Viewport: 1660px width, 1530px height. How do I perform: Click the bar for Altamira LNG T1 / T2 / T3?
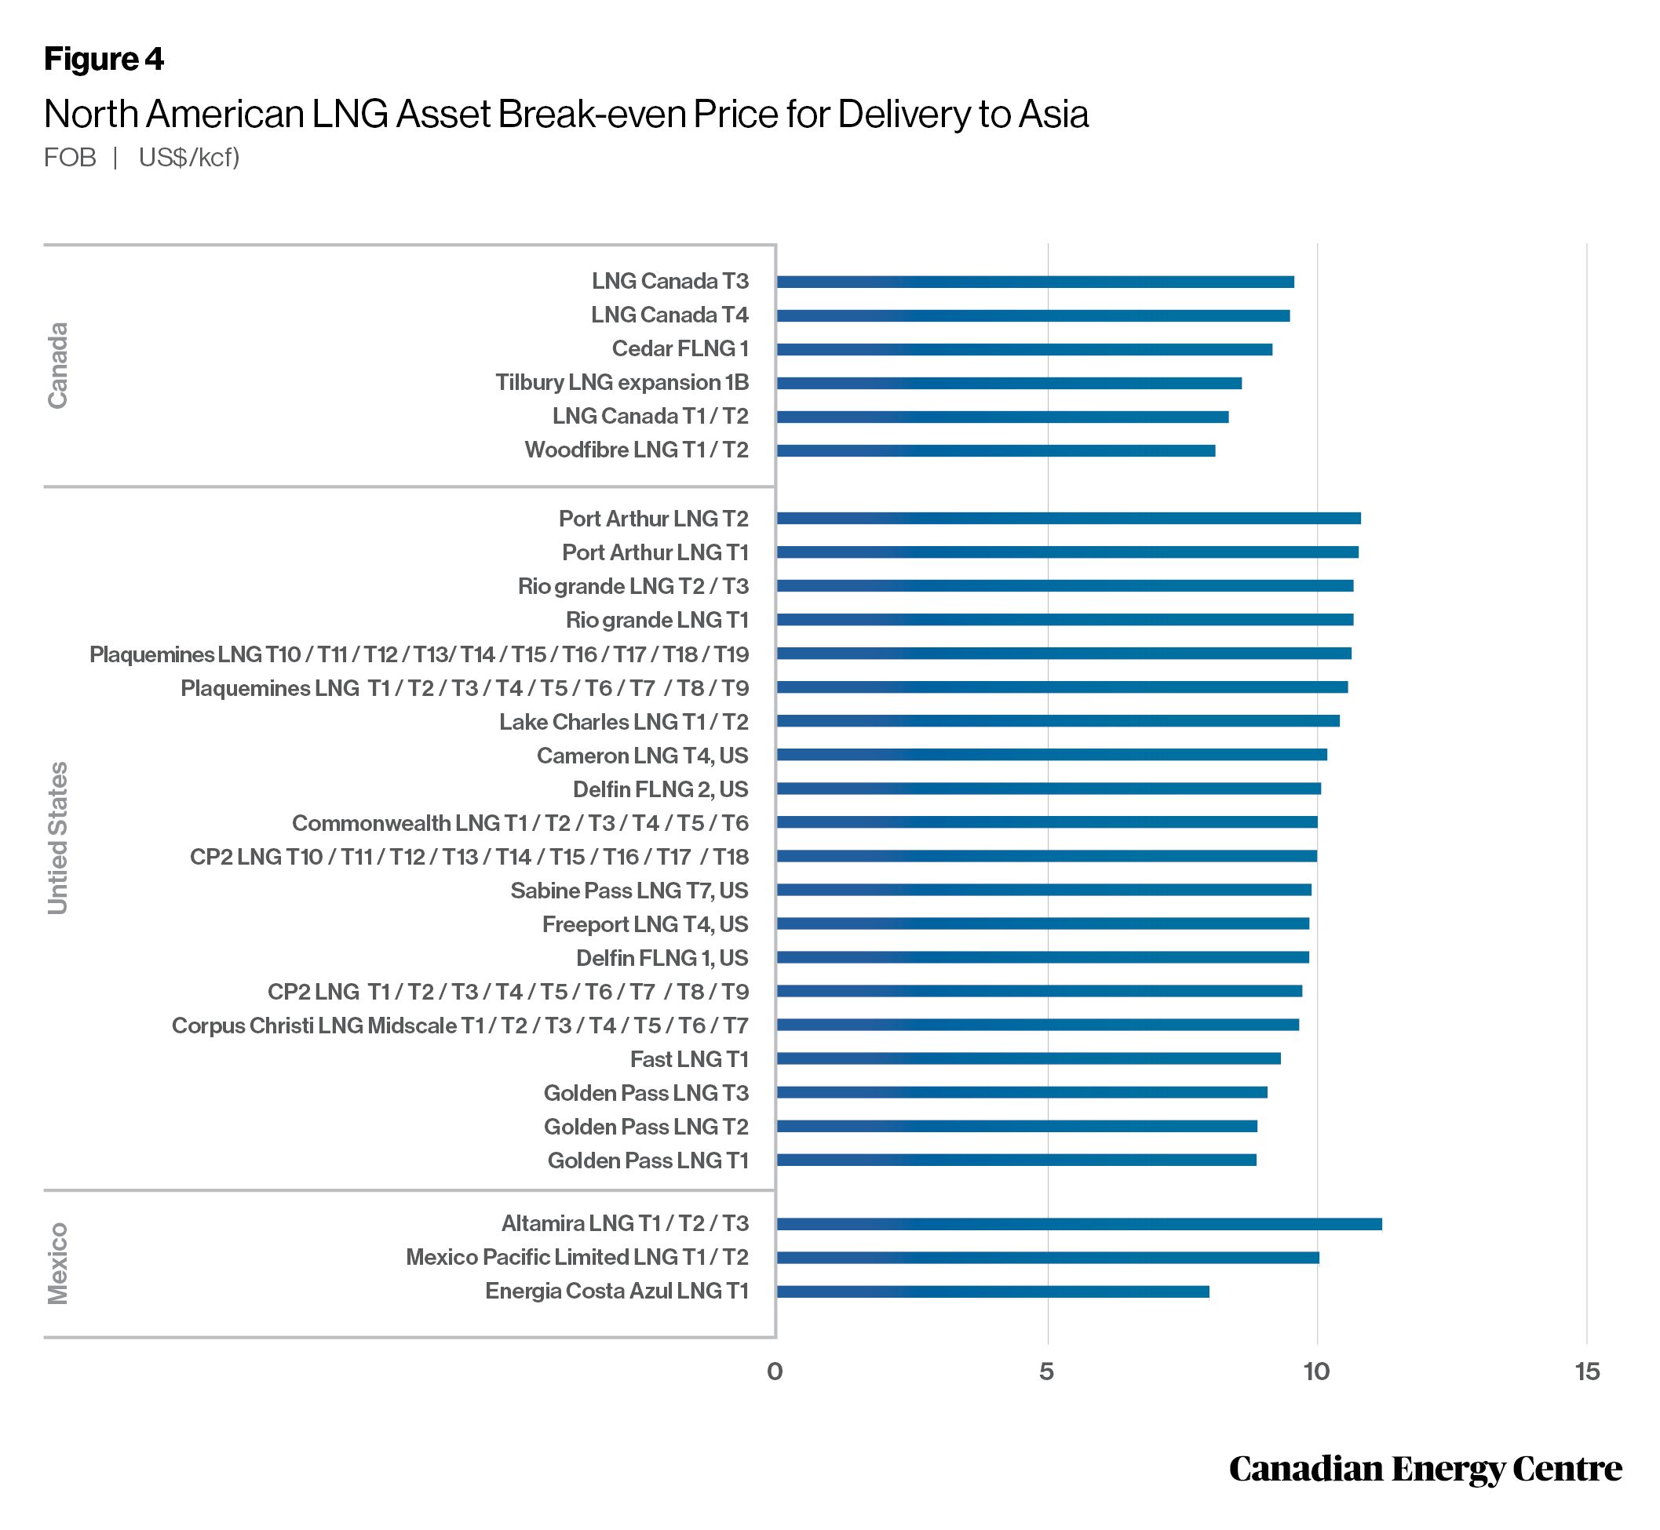pyautogui.click(x=1078, y=1224)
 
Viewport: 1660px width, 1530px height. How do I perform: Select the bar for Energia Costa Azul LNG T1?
pyautogui.click(x=992, y=1291)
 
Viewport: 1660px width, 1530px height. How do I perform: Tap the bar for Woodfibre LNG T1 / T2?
pyautogui.click(x=996, y=450)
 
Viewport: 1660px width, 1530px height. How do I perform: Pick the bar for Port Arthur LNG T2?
pyautogui.click(x=1068, y=519)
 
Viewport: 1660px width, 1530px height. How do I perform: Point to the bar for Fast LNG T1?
pyautogui.click(x=1028, y=1059)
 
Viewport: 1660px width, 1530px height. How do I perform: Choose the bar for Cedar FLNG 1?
pyautogui.click(x=1023, y=349)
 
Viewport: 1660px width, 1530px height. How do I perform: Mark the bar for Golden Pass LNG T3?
pyautogui.click(x=1021, y=1093)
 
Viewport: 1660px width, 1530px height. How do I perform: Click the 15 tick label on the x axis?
pyautogui.click(x=1587, y=1372)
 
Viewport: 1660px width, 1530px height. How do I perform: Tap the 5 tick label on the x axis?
pyautogui.click(x=1047, y=1372)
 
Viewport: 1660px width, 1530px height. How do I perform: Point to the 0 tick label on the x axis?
pyautogui.click(x=775, y=1372)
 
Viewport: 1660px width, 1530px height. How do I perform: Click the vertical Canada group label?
pyautogui.click(x=57, y=365)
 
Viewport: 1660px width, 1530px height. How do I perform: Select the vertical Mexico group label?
pyautogui.click(x=57, y=1263)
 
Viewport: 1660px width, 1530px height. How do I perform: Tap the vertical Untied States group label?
pyautogui.click(x=57, y=838)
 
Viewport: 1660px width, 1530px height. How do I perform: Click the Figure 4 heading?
pyautogui.click(x=104, y=59)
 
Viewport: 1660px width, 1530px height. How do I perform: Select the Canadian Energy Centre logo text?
pyautogui.click(x=1425, y=1469)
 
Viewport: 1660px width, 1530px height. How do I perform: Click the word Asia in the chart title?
pyautogui.click(x=1053, y=115)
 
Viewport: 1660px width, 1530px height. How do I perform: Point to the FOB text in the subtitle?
pyautogui.click(x=70, y=157)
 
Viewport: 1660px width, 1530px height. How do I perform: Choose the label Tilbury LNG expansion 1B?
pyautogui.click(x=622, y=383)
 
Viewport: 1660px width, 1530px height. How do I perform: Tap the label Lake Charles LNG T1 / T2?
pyautogui.click(x=624, y=722)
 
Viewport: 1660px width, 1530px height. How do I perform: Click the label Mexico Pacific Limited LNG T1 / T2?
pyautogui.click(x=578, y=1257)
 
